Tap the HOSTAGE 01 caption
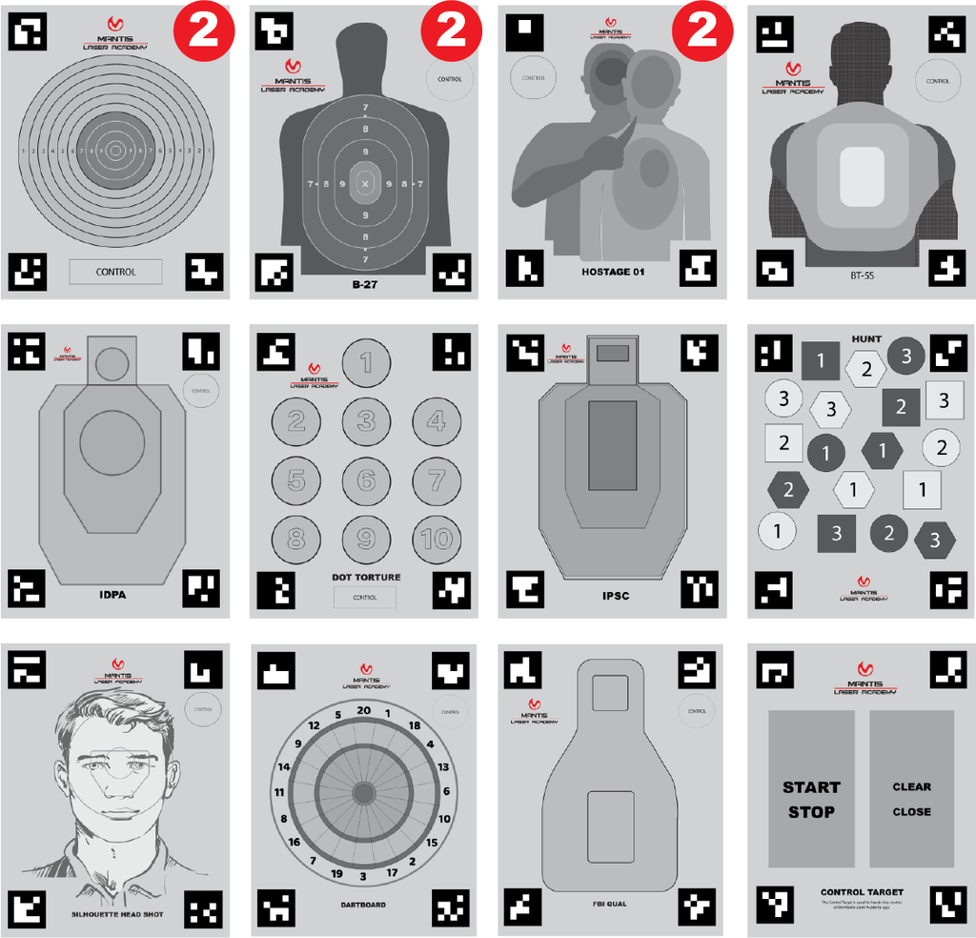coord(613,272)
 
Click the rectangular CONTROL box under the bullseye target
coord(115,272)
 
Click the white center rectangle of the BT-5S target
coord(863,175)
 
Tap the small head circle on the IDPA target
coord(112,362)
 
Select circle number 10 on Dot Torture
coord(436,540)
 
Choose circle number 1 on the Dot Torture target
coord(366,363)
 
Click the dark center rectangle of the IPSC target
coord(612,446)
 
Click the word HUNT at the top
coord(866,338)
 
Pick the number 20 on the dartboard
coord(363,710)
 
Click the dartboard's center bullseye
coord(363,792)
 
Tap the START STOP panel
coord(811,789)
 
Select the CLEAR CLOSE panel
coord(911,789)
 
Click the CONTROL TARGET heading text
coord(861,892)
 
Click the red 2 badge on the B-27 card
coord(452,31)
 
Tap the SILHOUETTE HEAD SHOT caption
coord(117,914)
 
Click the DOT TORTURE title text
coord(366,577)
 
